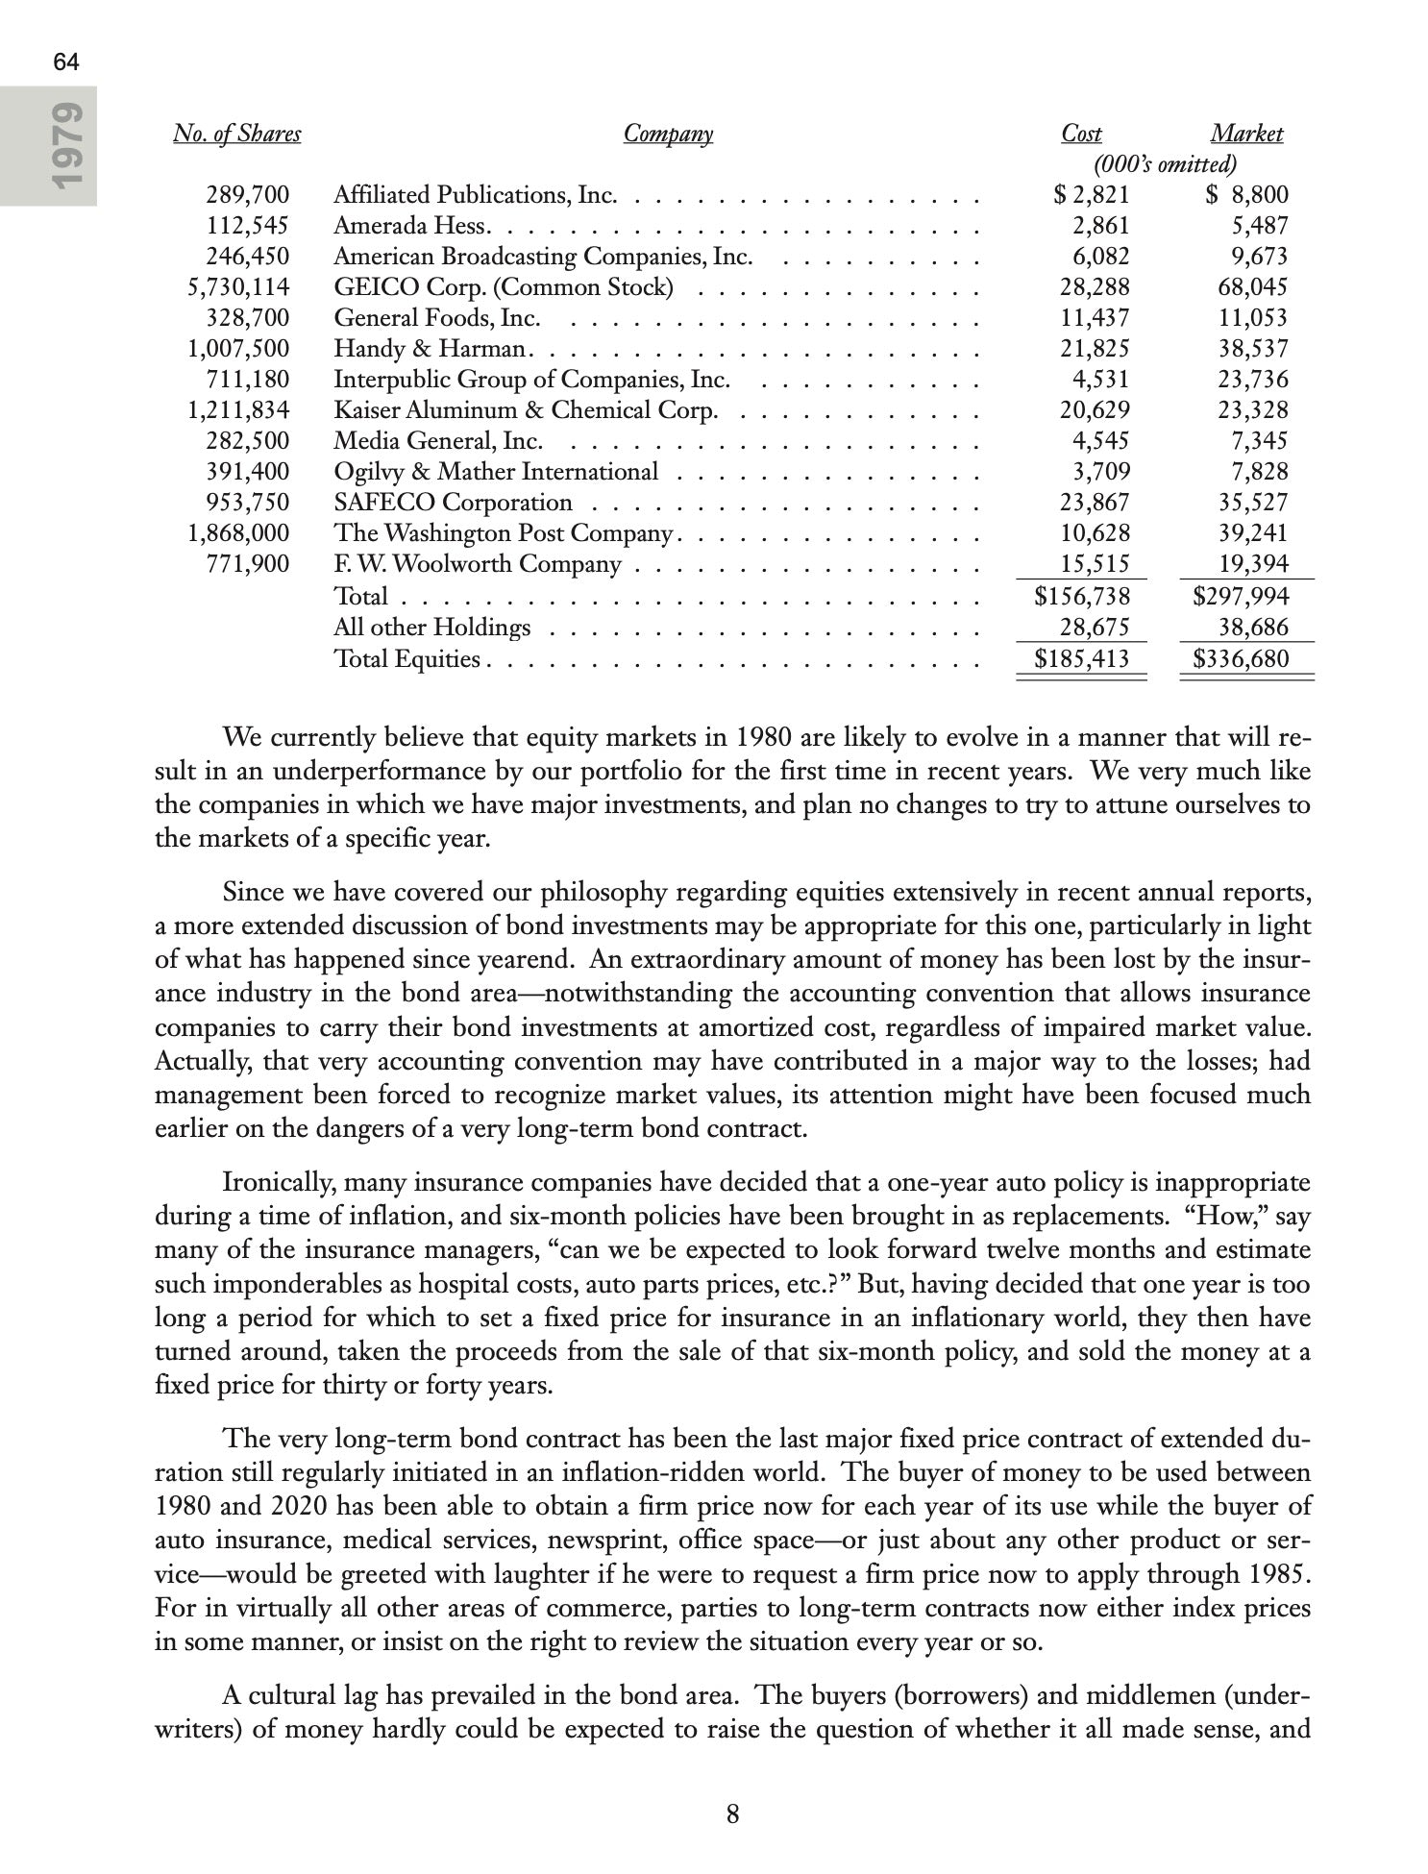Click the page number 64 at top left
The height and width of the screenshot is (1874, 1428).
point(66,63)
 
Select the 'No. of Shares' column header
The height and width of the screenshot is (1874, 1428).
point(236,135)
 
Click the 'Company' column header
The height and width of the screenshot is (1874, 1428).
point(668,135)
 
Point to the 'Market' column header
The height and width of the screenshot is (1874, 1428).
point(1245,135)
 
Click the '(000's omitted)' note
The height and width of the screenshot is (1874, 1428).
point(1165,164)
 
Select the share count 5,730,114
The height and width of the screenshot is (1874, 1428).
point(237,287)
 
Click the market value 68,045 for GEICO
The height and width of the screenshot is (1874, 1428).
point(1253,287)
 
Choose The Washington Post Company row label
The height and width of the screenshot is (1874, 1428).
point(502,533)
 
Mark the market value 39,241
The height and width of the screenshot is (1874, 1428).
point(1253,533)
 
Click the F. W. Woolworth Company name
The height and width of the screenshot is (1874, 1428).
point(477,564)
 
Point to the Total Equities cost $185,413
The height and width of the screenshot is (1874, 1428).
point(1081,659)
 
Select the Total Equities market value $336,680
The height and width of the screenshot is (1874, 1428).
point(1240,659)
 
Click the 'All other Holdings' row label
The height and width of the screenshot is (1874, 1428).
point(431,628)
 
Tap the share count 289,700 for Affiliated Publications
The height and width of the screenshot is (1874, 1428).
point(247,195)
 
